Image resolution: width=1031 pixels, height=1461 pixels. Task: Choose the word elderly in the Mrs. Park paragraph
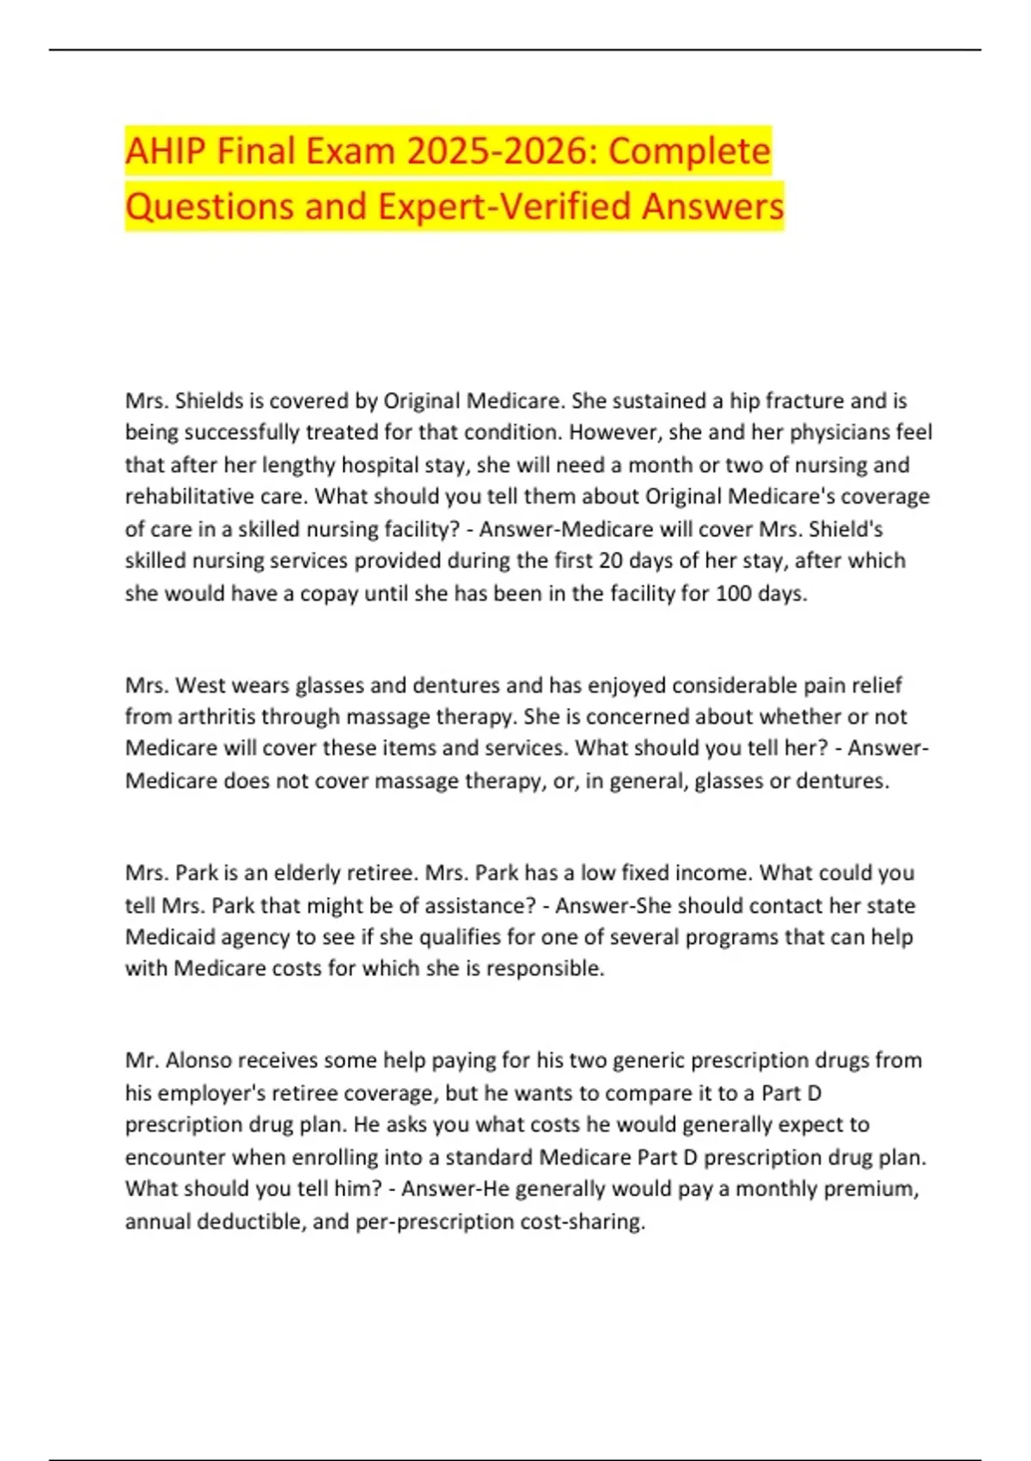click(307, 873)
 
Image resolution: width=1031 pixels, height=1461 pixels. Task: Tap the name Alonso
click(198, 1061)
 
